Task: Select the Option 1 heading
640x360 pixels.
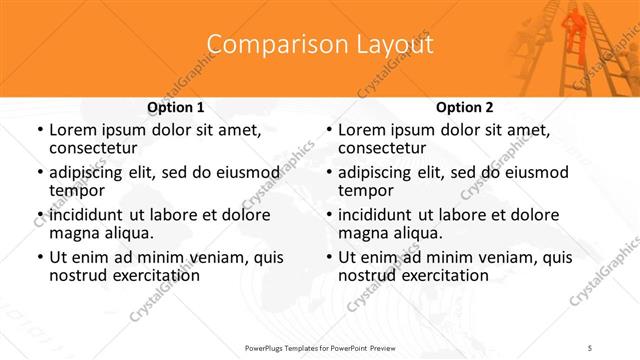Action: [x=176, y=107]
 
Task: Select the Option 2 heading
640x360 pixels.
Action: [x=465, y=107]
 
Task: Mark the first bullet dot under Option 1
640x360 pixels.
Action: [x=39, y=131]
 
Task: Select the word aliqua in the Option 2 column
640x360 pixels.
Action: [x=416, y=233]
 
